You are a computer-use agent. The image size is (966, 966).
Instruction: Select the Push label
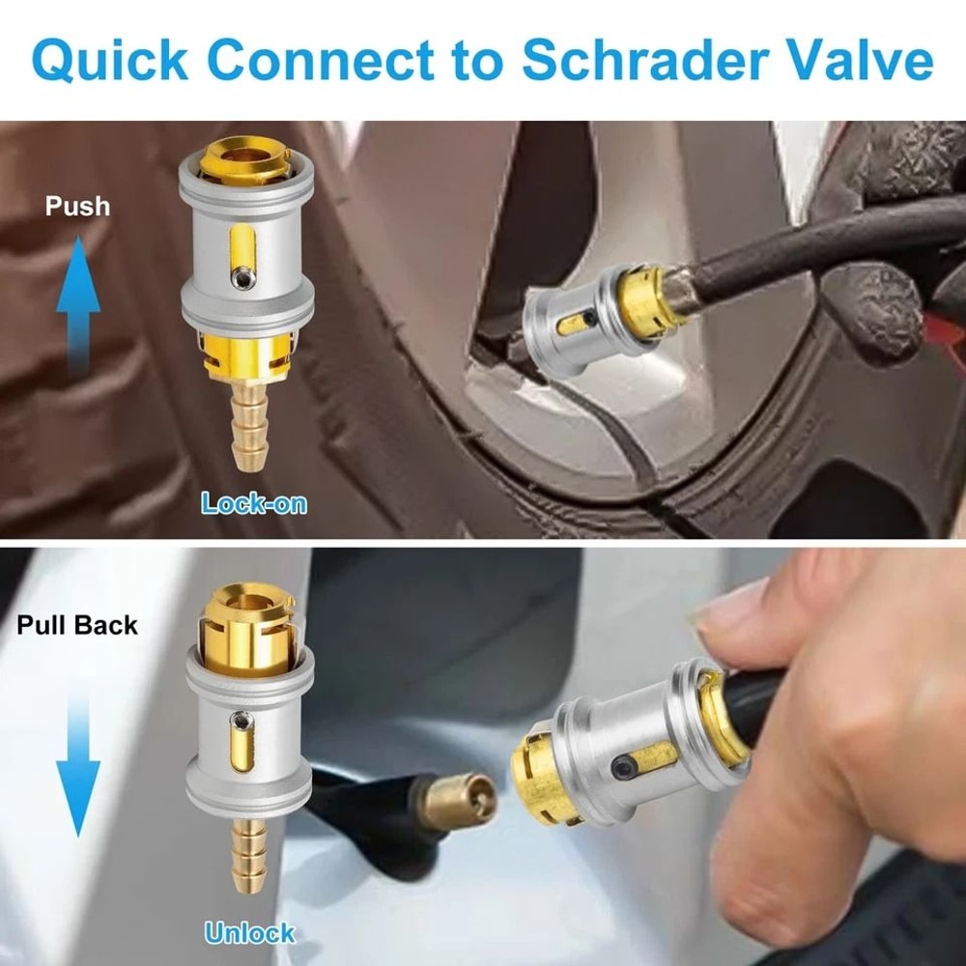tap(77, 206)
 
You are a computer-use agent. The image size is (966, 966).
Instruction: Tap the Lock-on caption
tap(253, 502)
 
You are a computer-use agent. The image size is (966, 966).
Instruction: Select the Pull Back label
tap(77, 625)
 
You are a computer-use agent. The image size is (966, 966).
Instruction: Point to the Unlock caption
tap(249, 933)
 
